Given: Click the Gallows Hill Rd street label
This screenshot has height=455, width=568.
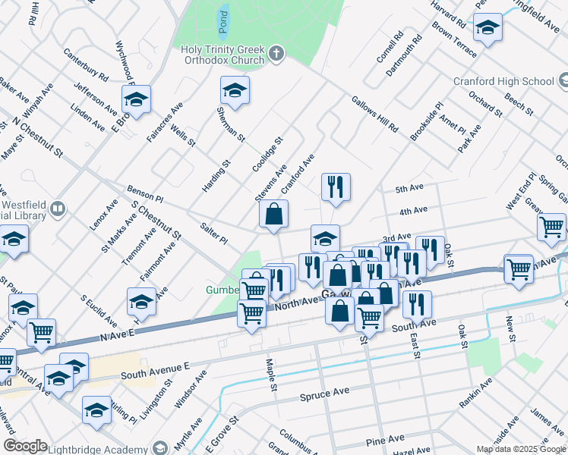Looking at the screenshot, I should pyautogui.click(x=374, y=115).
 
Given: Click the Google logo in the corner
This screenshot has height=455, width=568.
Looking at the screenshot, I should pyautogui.click(x=25, y=446).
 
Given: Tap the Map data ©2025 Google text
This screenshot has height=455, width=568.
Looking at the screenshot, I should pyautogui.click(x=522, y=449).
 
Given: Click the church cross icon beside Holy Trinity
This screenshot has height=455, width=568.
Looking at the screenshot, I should pyautogui.click(x=276, y=53).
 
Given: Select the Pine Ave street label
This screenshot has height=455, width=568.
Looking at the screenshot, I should pyautogui.click(x=385, y=440).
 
